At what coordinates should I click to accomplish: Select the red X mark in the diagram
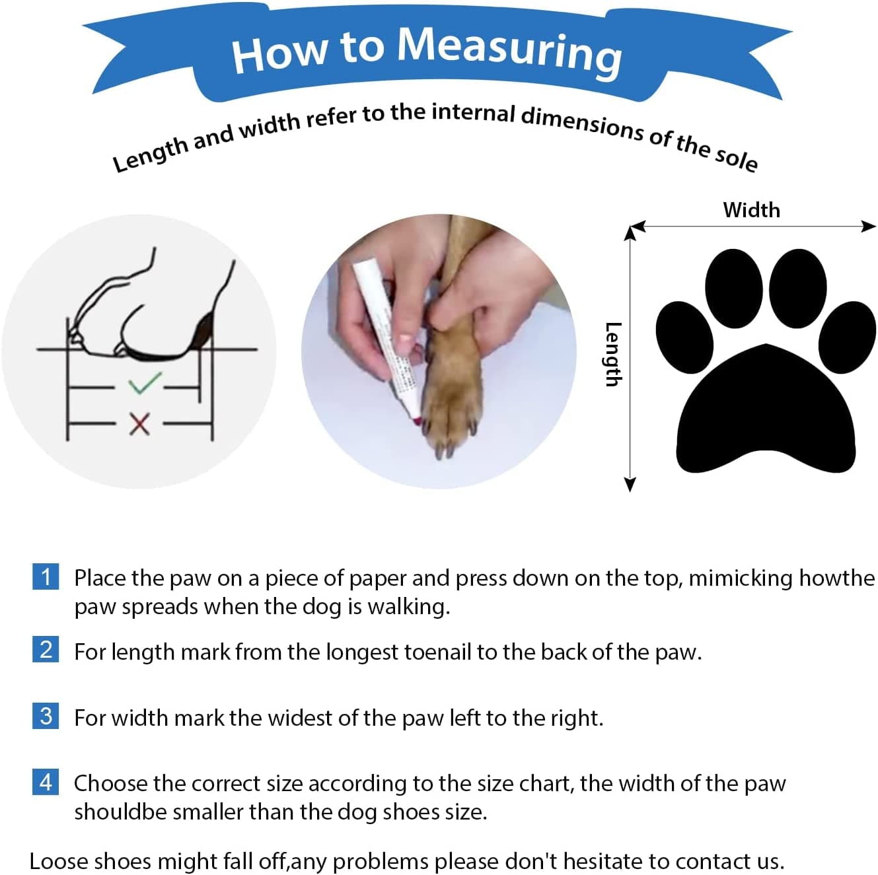coord(139,423)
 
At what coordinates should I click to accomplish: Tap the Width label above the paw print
coord(751,210)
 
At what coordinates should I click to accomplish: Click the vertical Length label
coord(613,354)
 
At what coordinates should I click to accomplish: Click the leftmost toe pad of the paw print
coord(684,337)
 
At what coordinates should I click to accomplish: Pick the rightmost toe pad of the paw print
coord(848,337)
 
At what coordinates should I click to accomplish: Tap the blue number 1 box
coord(46,577)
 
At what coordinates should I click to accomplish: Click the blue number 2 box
coord(46,649)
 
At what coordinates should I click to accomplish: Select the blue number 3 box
coord(46,716)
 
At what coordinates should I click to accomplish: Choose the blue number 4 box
coord(46,782)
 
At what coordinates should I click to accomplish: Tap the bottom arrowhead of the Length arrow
coord(630,485)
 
